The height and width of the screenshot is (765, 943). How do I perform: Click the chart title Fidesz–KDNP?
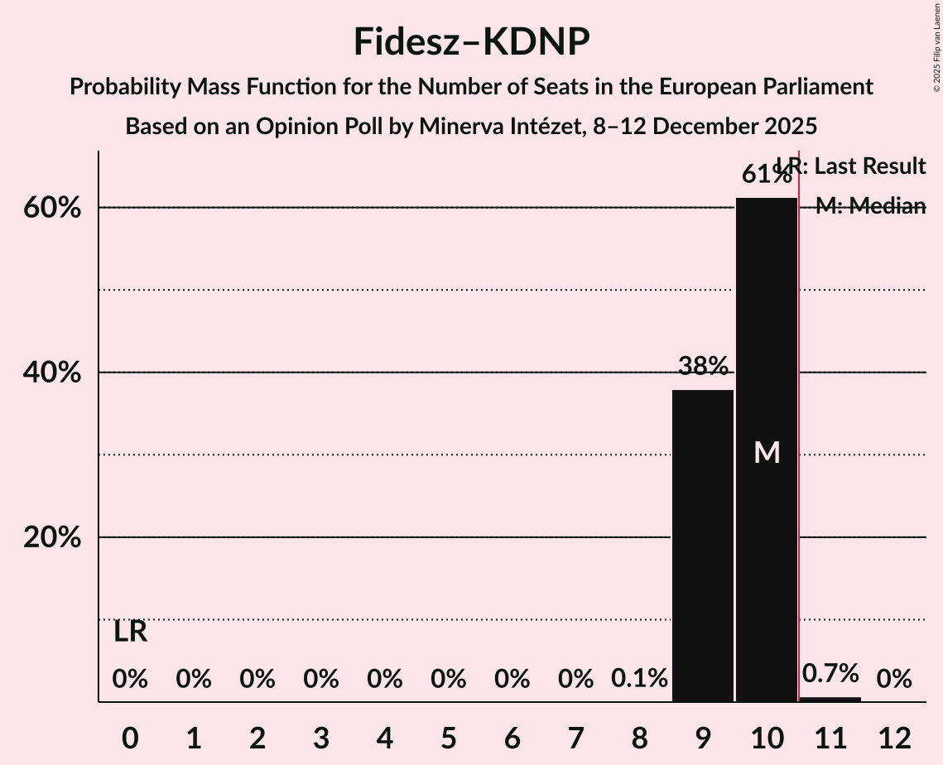coord(471,41)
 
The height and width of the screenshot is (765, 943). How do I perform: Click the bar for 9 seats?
coord(703,546)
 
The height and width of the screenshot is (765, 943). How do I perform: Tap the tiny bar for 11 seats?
coord(830,699)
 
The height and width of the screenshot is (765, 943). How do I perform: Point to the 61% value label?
coord(766,175)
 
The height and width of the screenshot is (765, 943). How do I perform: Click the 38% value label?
coord(703,365)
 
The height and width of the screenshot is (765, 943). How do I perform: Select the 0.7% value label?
coord(830,673)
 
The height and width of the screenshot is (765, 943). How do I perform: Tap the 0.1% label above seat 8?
coord(639,679)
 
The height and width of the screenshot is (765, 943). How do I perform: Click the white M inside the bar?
coord(767,452)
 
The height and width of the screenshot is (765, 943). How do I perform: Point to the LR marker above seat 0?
coord(130,632)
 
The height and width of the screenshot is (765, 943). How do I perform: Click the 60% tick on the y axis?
coord(52,208)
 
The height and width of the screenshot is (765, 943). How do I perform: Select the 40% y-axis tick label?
coord(52,373)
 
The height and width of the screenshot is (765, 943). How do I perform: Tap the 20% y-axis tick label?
coord(52,537)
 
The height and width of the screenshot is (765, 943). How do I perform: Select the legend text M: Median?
coord(870,206)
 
